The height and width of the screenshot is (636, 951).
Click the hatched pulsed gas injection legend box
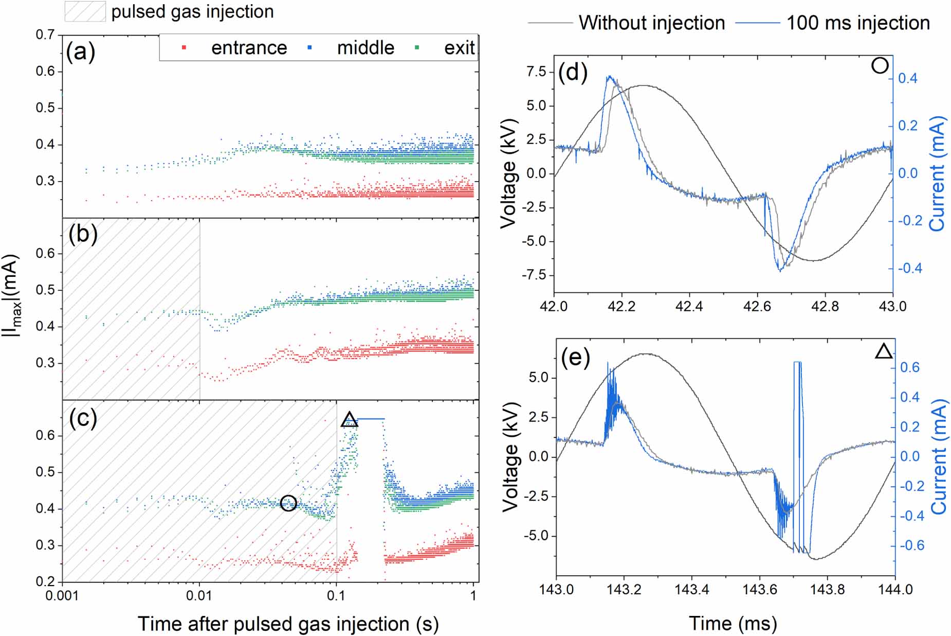click(85, 11)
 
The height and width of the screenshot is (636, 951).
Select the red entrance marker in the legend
click(184, 48)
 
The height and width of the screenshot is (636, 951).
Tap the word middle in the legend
click(365, 48)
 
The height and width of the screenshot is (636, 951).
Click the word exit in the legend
click(459, 48)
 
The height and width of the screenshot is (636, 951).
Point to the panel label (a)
click(81, 52)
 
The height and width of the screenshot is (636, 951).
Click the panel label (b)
click(83, 234)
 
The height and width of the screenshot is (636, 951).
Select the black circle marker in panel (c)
click(288, 503)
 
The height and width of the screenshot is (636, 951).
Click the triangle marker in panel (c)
click(350, 419)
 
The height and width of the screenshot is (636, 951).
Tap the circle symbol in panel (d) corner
click(880, 66)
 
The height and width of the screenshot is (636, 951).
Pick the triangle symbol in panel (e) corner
click(884, 351)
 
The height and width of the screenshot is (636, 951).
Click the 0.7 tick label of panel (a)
click(45, 34)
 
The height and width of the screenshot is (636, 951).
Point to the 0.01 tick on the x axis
click(199, 595)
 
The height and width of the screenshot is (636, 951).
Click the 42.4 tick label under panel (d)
click(689, 307)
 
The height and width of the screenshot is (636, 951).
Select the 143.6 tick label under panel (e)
click(760, 589)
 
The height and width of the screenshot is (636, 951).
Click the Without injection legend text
click(651, 23)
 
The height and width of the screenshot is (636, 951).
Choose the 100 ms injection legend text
click(858, 23)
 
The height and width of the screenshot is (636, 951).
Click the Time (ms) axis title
click(733, 623)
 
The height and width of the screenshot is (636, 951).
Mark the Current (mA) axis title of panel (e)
click(939, 456)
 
